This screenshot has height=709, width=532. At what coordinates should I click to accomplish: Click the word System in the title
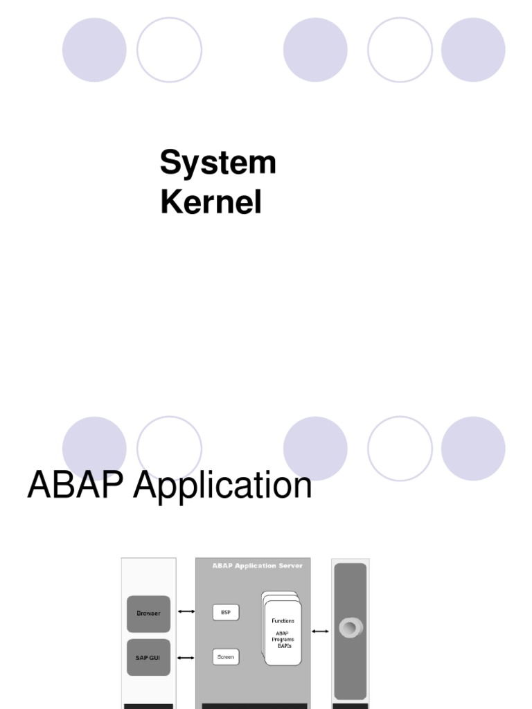click(218, 163)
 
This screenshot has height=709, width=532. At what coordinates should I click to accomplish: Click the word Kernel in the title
click(211, 204)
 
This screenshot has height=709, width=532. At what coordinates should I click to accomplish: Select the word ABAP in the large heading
click(76, 485)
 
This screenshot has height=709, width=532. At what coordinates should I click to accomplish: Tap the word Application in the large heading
click(222, 486)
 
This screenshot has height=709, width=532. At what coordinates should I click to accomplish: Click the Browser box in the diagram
click(148, 613)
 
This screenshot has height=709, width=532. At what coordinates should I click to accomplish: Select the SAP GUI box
click(148, 657)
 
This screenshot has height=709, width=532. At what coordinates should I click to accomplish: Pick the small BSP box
click(226, 612)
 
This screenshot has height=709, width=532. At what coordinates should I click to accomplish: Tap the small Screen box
click(226, 656)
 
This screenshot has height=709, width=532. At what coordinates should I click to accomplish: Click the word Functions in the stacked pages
click(283, 621)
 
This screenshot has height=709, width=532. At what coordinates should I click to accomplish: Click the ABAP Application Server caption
click(257, 566)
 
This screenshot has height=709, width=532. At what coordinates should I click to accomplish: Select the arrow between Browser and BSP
click(186, 611)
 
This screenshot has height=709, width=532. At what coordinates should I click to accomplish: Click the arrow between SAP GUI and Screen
click(186, 657)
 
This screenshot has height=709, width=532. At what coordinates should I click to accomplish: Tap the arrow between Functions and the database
click(319, 631)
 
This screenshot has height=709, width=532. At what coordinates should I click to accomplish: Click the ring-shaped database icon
click(351, 628)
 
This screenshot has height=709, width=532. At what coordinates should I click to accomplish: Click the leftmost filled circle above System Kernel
click(94, 50)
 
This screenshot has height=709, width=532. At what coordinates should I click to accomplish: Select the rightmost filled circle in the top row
click(473, 50)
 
